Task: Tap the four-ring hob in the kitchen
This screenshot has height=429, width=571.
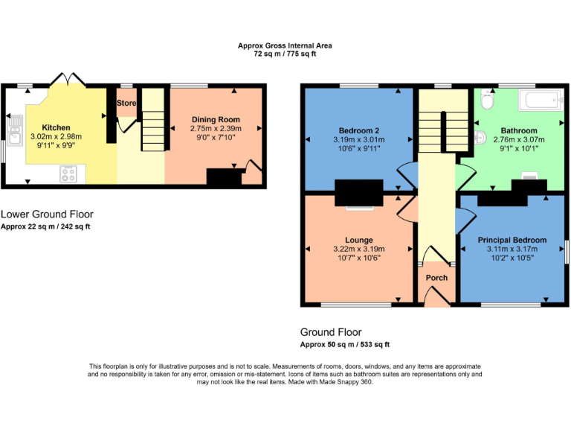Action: point(68,174)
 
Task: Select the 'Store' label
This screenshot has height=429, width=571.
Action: point(127,103)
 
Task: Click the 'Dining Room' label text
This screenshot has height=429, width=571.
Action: point(216,119)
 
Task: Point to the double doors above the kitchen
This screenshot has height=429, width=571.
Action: point(67,80)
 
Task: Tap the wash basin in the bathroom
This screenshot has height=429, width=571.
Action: point(480,136)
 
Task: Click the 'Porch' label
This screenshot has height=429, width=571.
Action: point(436,278)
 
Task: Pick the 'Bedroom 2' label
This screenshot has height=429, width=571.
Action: point(355,130)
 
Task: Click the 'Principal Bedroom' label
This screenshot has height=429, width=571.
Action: point(512,240)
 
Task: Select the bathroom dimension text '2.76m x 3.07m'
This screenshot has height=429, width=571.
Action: point(518,139)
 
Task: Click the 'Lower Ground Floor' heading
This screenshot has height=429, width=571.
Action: point(47,214)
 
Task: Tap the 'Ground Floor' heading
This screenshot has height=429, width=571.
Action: point(331,332)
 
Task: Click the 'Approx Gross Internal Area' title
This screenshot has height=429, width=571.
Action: point(285,45)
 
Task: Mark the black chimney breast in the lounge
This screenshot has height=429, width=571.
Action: point(359,192)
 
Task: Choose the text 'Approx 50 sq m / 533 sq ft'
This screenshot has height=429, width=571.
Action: point(344,345)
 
